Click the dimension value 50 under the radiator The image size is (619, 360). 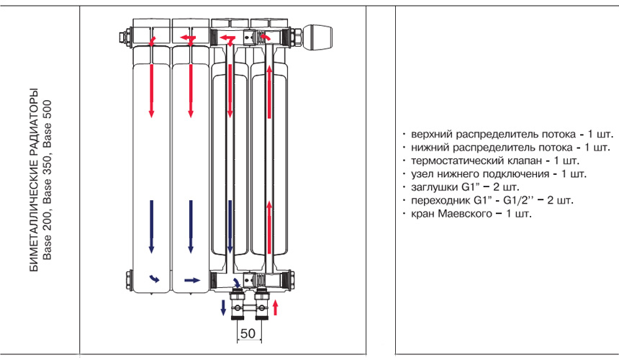tap(248, 333)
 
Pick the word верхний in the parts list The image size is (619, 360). tap(430, 135)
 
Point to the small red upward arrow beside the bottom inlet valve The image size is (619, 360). tap(276, 308)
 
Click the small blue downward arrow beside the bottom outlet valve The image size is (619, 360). tap(222, 308)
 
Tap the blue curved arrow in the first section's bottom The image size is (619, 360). tap(153, 279)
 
